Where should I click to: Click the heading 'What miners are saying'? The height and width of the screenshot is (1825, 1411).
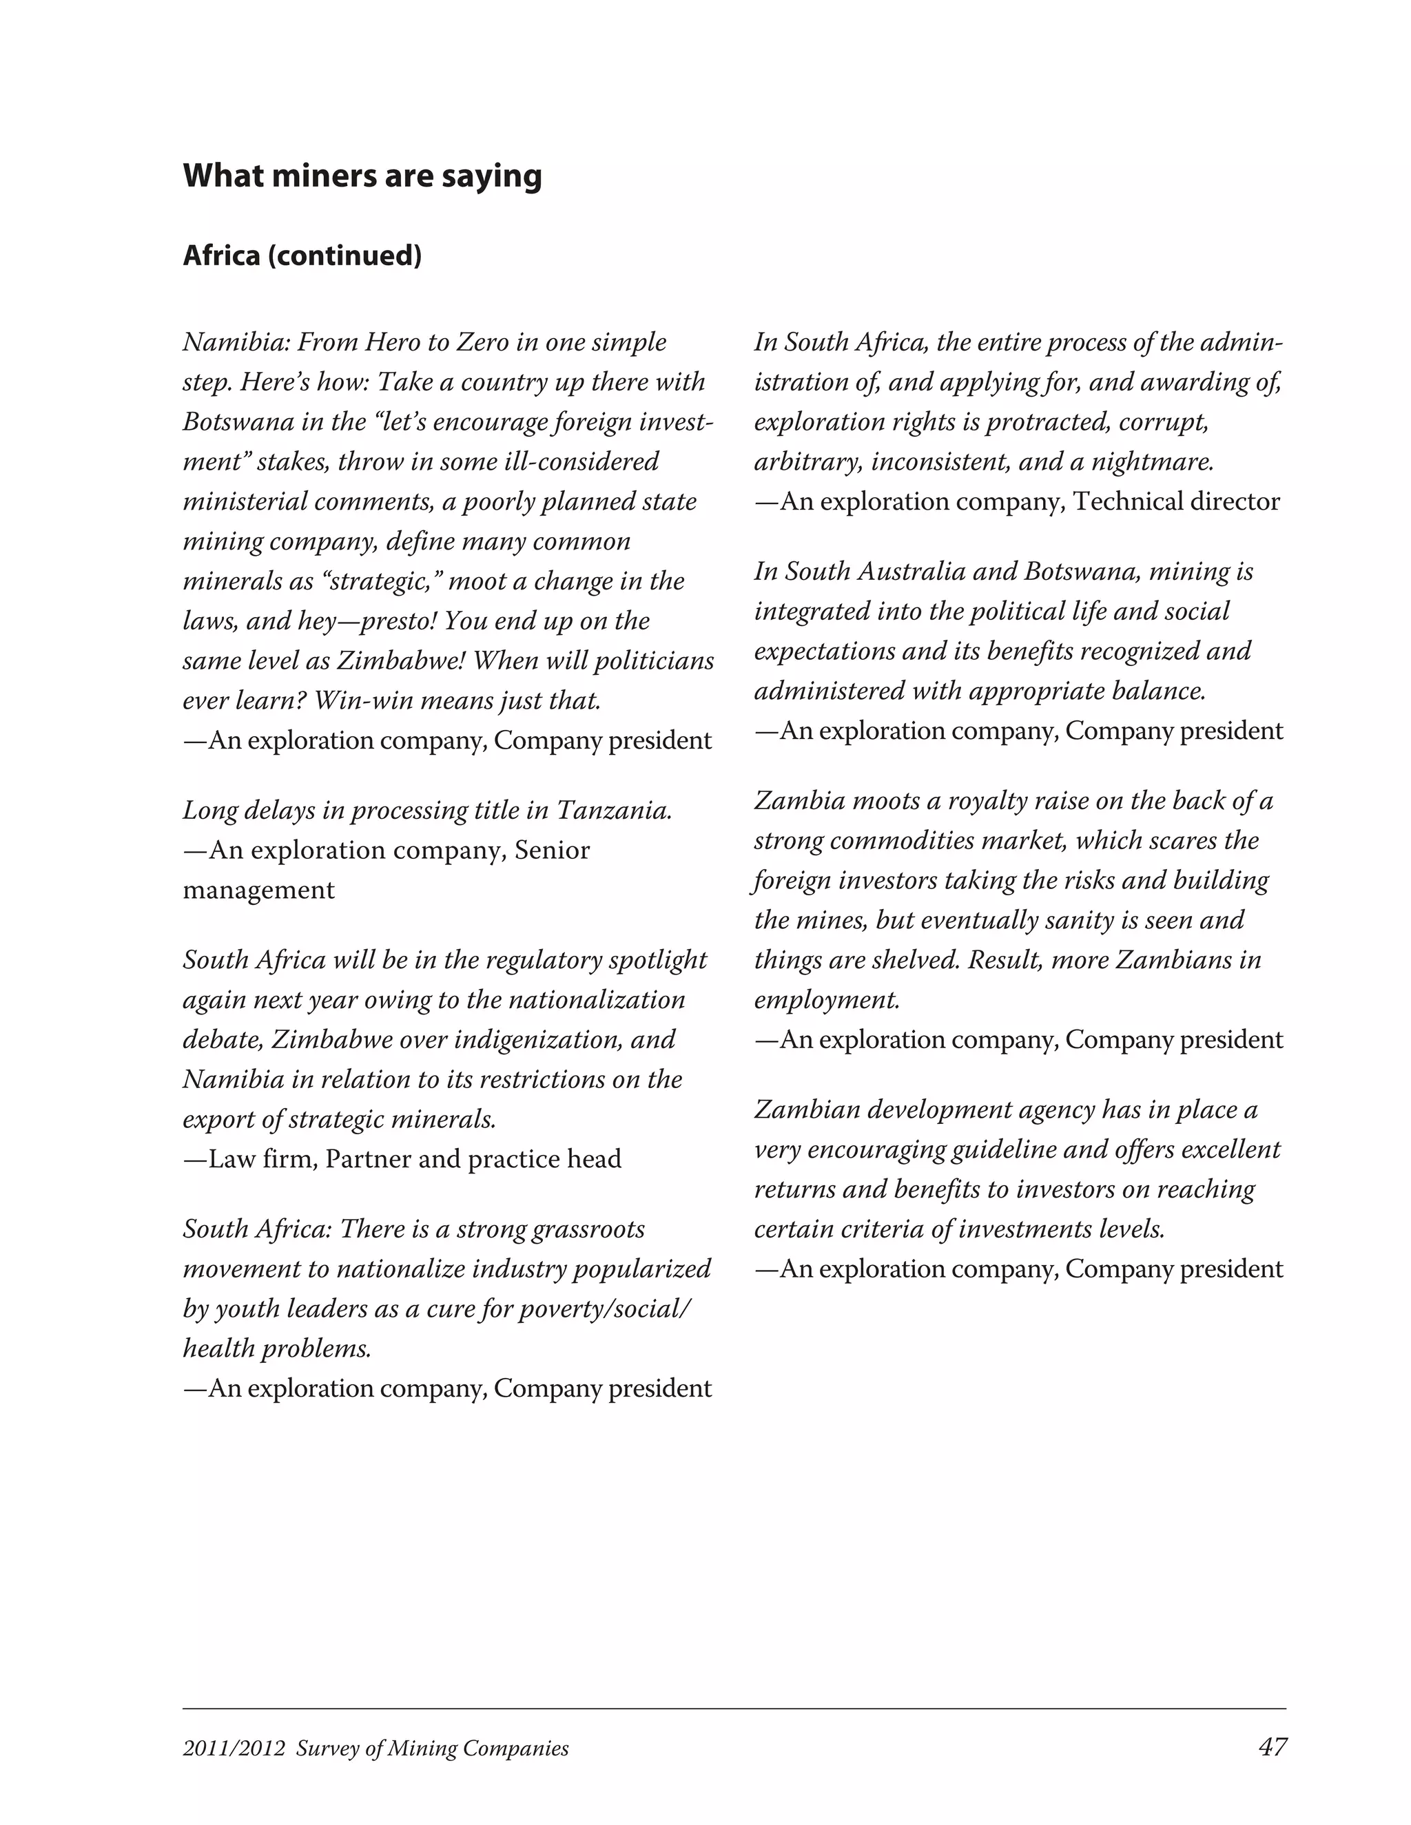[x=362, y=176]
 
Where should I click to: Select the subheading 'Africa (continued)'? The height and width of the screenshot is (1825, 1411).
[x=302, y=255]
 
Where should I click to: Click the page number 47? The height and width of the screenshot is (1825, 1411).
[x=1271, y=1746]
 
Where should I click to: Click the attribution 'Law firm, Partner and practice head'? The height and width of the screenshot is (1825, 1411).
[x=402, y=1159]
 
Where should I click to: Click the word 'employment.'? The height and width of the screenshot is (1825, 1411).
[x=827, y=1000]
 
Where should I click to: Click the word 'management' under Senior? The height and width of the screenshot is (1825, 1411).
[x=258, y=890]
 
